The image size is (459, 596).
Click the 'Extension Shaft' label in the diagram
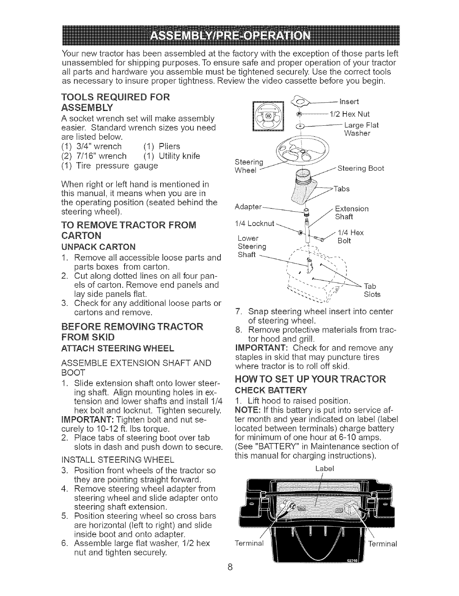352,213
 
